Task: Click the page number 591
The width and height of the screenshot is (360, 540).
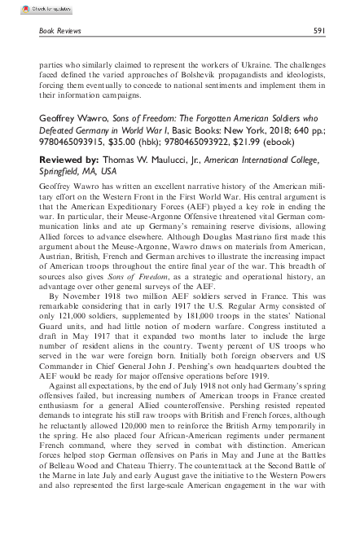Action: tap(321, 30)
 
